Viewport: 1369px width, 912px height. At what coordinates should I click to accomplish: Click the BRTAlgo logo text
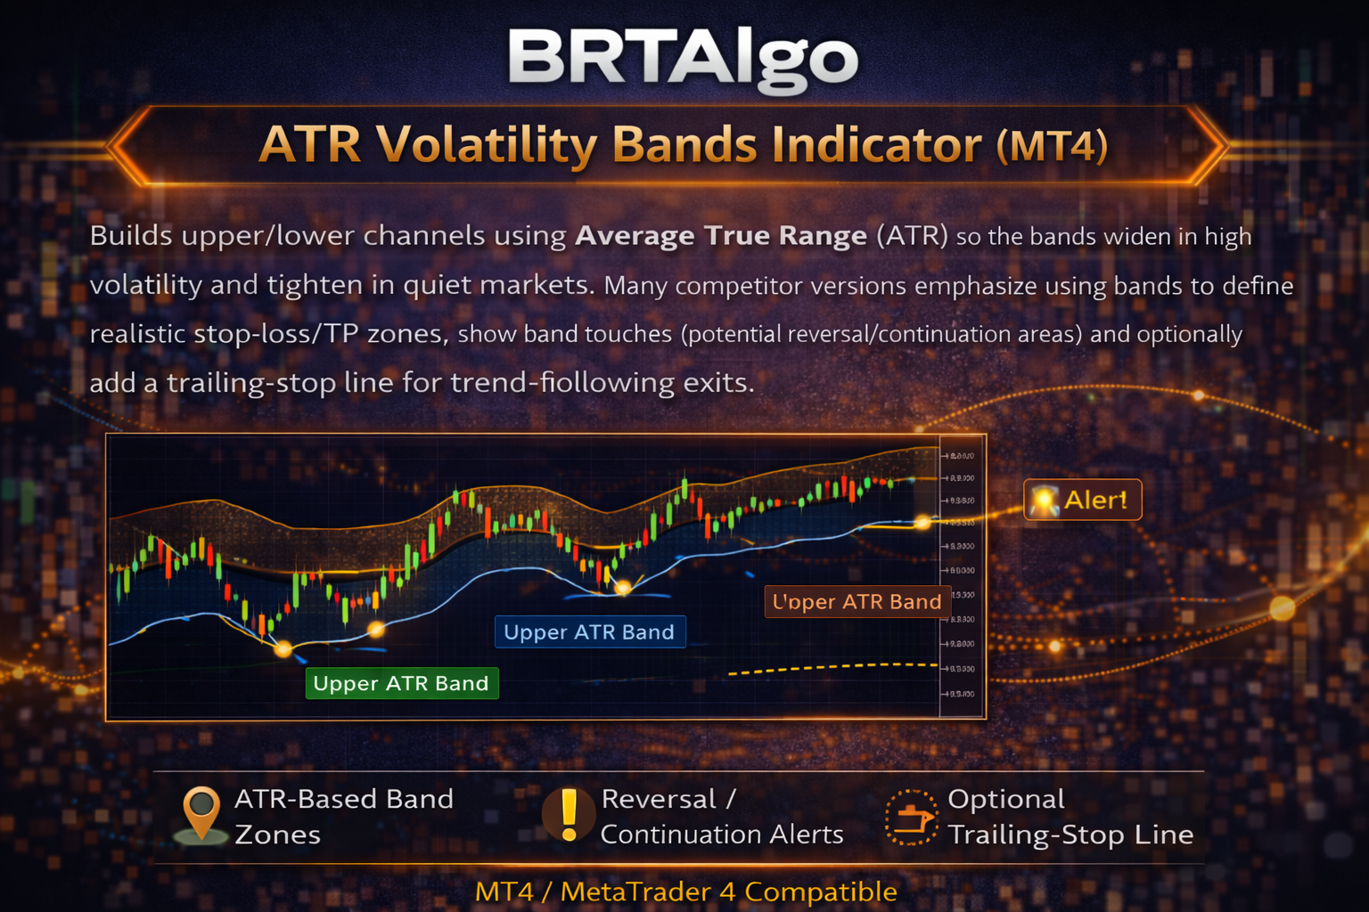(x=683, y=59)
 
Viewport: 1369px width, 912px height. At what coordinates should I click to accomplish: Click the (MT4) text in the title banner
(x=1052, y=146)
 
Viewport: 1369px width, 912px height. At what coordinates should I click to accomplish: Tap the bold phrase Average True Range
(x=720, y=236)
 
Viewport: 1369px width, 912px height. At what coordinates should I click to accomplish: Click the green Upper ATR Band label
(x=401, y=683)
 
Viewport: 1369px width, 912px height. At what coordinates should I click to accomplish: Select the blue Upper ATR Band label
(x=589, y=632)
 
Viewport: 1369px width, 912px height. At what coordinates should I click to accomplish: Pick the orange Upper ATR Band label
(x=857, y=602)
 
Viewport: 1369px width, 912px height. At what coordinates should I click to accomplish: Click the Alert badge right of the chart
(x=1082, y=500)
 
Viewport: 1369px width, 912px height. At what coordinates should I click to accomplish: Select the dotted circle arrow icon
(x=911, y=817)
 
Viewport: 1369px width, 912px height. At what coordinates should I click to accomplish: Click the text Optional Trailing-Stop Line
(x=1070, y=817)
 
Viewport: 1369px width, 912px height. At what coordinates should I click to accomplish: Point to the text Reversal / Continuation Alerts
(x=721, y=817)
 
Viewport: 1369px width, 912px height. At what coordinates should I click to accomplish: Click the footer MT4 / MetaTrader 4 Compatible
(x=685, y=891)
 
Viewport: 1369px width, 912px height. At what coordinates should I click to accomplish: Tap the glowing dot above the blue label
(x=624, y=587)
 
